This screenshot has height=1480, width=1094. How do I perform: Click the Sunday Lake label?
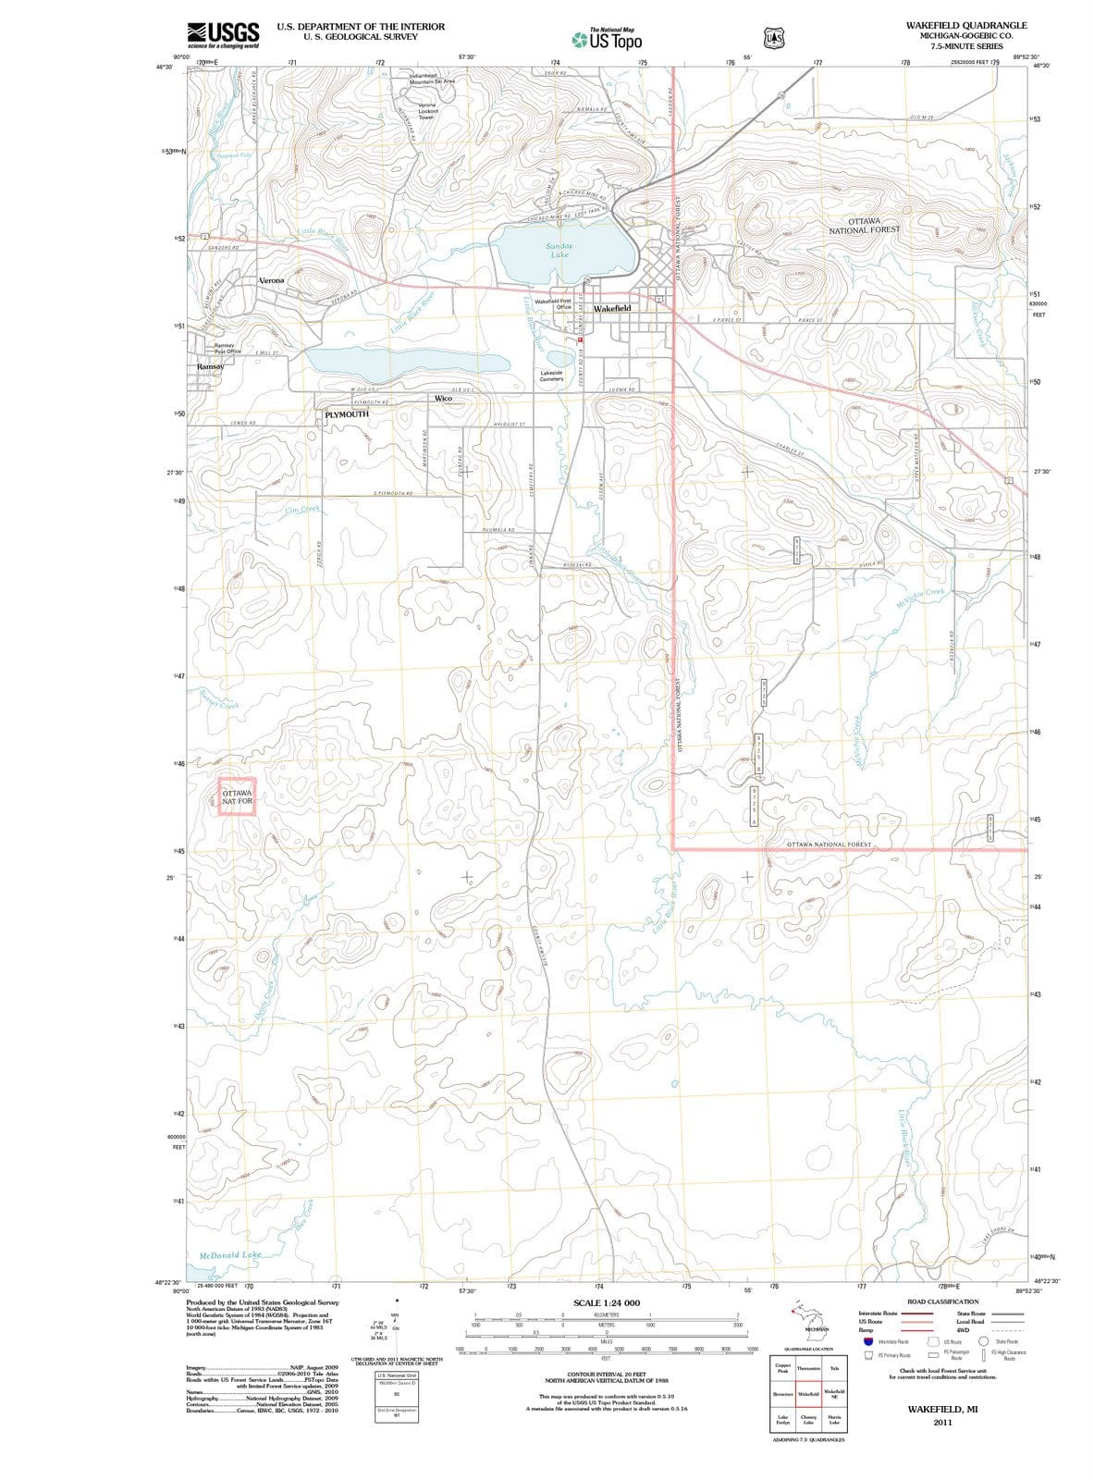[x=559, y=250]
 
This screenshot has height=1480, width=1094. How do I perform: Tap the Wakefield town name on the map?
[x=612, y=308]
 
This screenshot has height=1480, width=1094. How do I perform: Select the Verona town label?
[x=272, y=280]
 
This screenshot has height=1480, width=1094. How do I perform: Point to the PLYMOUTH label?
[x=347, y=414]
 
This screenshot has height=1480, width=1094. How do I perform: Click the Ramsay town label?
[x=210, y=367]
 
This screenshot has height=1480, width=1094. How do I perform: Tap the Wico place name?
[x=443, y=398]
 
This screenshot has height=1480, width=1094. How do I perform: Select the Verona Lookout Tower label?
[x=426, y=111]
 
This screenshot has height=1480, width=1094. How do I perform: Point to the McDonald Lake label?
[x=231, y=1255]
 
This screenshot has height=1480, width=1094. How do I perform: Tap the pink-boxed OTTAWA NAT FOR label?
[x=237, y=797]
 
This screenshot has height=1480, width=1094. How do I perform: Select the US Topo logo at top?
[x=607, y=40]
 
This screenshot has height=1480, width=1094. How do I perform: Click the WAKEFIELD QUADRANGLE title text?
[x=966, y=26]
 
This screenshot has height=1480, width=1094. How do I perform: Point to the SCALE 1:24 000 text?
[x=607, y=1302]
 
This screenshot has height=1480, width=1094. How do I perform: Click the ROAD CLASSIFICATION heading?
[x=942, y=1301]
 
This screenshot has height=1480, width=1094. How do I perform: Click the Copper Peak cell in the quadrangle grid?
[x=782, y=1368]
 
